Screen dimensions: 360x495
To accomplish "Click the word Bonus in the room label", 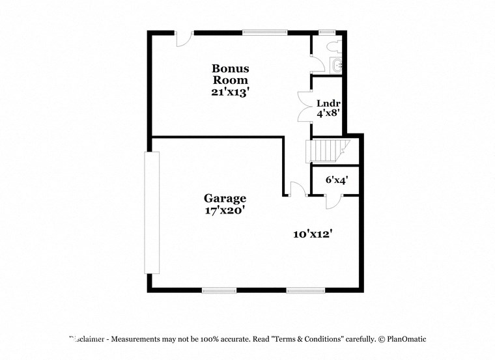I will point(230,68).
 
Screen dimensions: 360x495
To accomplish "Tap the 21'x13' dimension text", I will point(230,92).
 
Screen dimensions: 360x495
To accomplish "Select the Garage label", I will point(225,199).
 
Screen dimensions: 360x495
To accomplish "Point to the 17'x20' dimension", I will point(225,210).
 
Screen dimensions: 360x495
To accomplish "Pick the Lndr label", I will point(328,104).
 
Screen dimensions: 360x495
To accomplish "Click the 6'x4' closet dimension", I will point(335,180).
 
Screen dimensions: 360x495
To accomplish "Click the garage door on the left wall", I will point(151,213).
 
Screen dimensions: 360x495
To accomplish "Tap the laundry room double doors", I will point(304,106).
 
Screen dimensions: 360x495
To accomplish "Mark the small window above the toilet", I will point(326,32).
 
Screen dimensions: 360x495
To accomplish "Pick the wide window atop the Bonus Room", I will point(264,32).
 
